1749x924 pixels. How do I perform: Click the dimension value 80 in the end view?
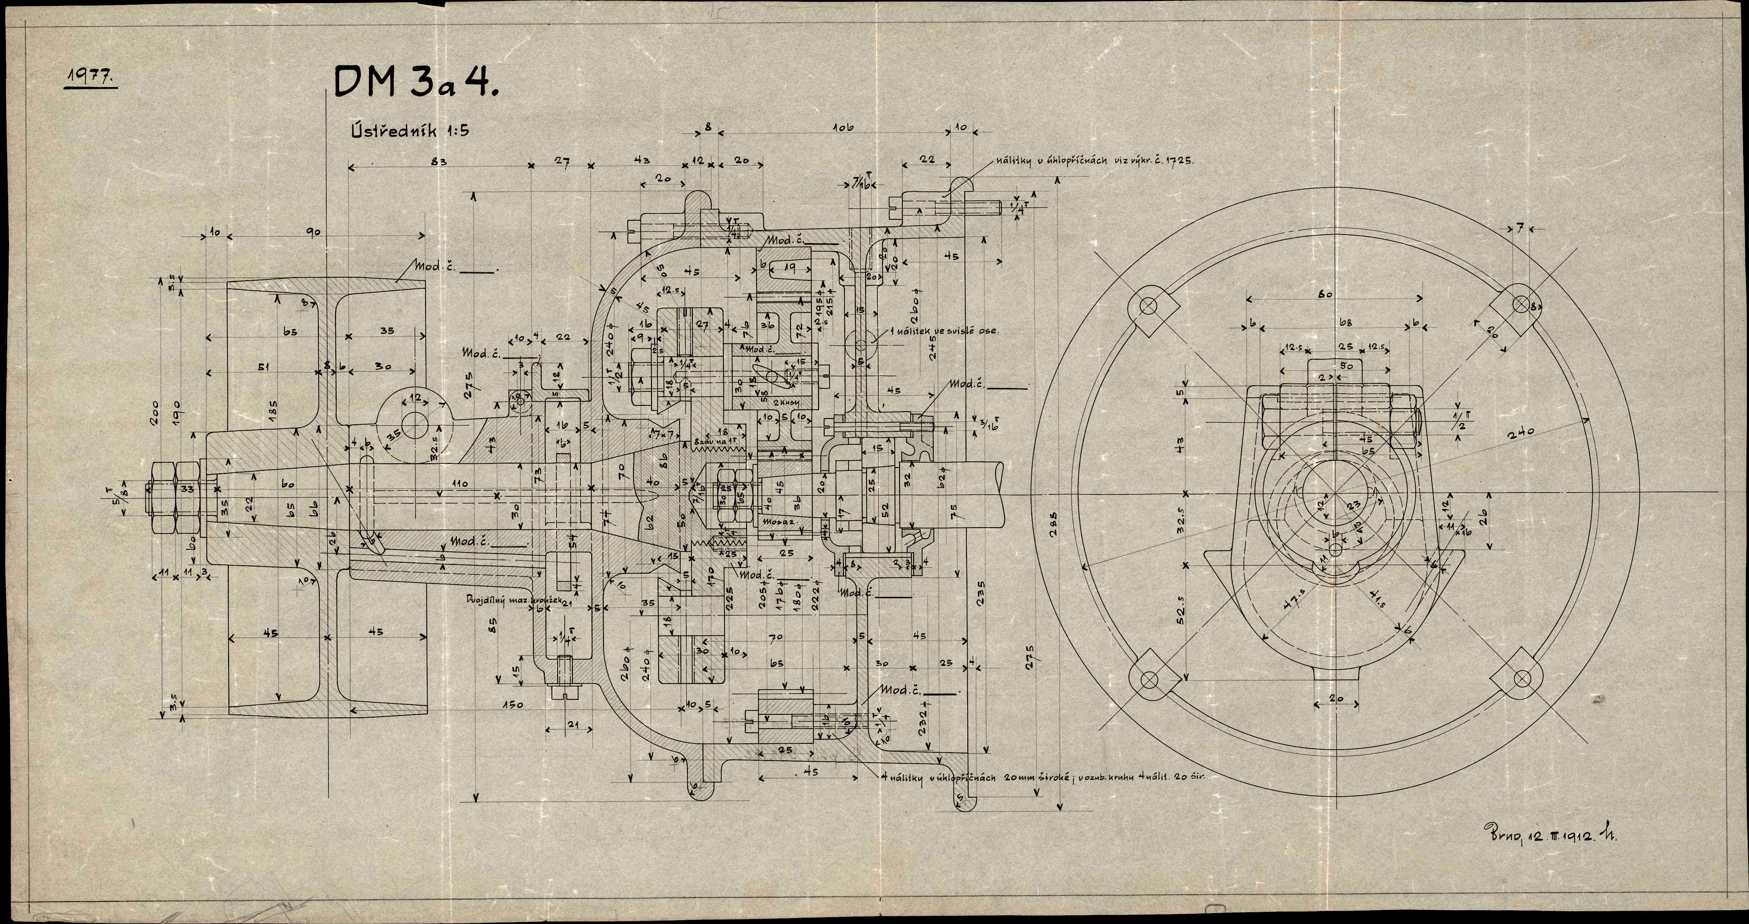[1325, 294]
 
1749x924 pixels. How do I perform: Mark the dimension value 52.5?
[1181, 614]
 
